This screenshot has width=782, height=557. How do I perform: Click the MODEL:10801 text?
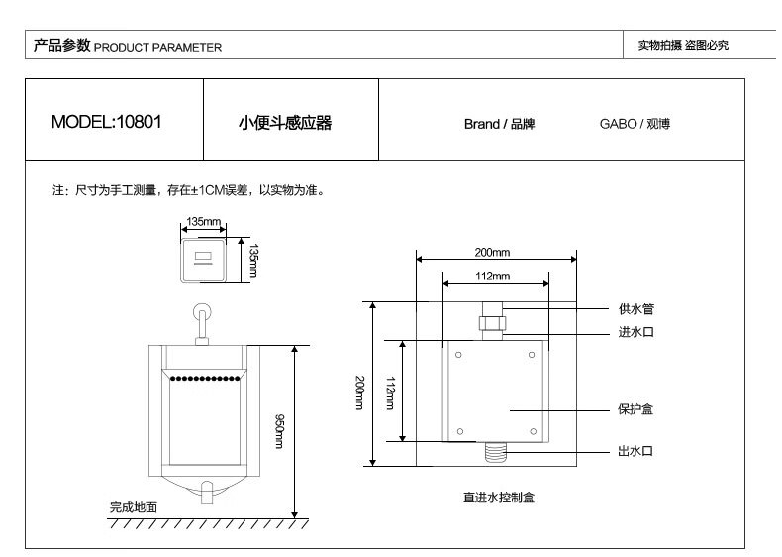tap(106, 123)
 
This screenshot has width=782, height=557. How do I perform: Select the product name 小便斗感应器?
tap(285, 123)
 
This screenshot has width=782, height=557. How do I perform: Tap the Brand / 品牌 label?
tap(499, 125)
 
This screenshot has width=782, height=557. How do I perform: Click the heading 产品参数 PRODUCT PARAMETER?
tap(128, 46)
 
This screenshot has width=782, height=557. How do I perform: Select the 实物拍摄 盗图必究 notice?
tap(683, 46)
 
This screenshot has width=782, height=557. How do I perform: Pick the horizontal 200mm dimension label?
tap(492, 252)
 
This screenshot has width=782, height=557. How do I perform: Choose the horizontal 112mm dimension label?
tap(492, 276)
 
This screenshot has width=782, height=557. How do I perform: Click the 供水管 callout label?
tap(635, 309)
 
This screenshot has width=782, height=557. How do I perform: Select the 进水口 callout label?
tap(635, 332)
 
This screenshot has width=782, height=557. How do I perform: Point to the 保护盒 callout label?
tap(635, 408)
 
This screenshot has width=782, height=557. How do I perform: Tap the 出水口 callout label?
tap(635, 452)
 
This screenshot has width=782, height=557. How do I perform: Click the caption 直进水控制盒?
tap(498, 498)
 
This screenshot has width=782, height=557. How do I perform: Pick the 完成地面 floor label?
tap(133, 507)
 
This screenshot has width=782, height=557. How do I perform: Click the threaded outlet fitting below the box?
tap(492, 453)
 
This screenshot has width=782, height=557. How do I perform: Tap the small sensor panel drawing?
tap(204, 260)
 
